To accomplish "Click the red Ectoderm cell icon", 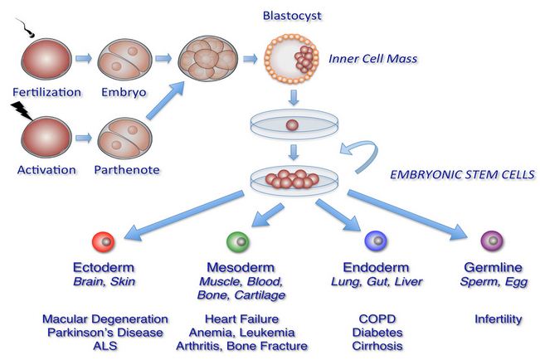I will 103,242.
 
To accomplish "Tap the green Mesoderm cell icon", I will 236,242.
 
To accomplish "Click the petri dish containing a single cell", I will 290,126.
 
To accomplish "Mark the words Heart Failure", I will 242,319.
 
